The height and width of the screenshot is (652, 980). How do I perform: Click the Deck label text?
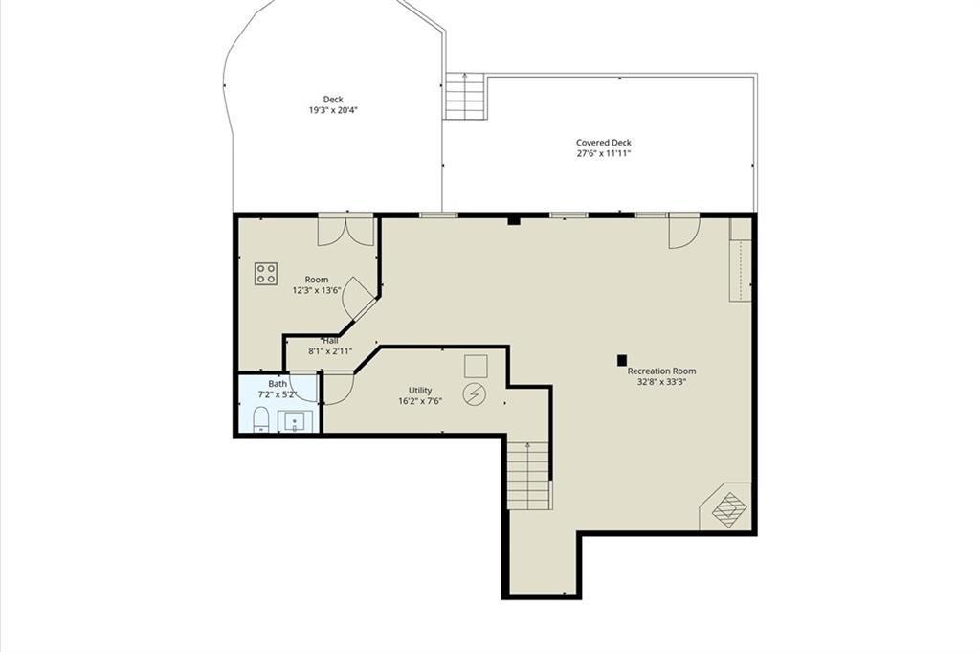pos(333,100)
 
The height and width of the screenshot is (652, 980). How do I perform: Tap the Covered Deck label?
pos(604,143)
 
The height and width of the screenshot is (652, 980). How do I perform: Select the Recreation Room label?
pos(661,371)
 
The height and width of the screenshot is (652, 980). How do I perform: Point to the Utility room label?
pos(420,390)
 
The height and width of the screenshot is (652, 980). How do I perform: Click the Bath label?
pos(278,383)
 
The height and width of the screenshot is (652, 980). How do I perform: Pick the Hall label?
pos(330,341)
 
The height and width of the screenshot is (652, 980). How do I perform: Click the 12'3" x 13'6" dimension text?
pos(316,290)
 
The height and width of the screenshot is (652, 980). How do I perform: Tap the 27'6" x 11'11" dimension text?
pos(604,153)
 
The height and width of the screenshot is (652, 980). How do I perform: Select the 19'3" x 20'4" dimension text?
pos(333,110)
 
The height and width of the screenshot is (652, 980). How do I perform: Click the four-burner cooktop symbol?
pos(266,274)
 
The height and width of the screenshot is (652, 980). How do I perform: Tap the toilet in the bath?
pos(260,419)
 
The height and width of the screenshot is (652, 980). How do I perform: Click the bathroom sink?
pos(294,422)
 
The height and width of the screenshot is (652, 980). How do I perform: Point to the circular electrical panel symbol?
pos(475,393)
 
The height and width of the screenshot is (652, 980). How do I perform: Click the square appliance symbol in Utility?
pos(476,367)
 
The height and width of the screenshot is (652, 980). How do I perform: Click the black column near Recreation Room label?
pos(622,360)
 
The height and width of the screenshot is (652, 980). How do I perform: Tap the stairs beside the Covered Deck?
pos(465,96)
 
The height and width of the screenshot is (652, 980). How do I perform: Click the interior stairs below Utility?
pos(528,475)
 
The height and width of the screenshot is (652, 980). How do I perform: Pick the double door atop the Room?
pos(346,230)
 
